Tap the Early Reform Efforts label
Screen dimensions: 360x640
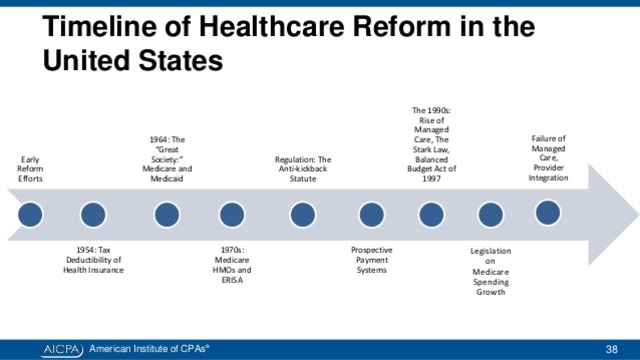pyautogui.click(x=31, y=169)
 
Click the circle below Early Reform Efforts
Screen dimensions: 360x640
pyautogui.click(x=31, y=214)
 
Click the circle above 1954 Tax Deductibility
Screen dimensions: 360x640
pyautogui.click(x=93, y=214)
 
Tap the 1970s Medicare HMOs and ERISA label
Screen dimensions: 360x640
pyautogui.click(x=231, y=264)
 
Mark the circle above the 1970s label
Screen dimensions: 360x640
pyautogui.click(x=231, y=214)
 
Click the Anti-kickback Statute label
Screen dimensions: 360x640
pyautogui.click(x=302, y=169)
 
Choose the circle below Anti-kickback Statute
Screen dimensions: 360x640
pyautogui.click(x=302, y=214)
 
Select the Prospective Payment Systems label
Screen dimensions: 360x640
pyautogui.click(x=371, y=259)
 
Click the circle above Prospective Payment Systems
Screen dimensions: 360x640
pyautogui.click(x=371, y=214)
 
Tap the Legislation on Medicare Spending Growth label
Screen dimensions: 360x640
pyautogui.click(x=490, y=270)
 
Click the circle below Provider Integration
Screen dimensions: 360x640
pyautogui.click(x=548, y=213)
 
